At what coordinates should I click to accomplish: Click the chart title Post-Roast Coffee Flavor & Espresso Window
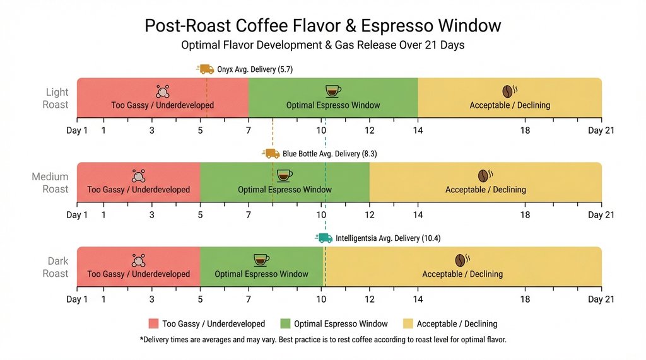click(322, 25)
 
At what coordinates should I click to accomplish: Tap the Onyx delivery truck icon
click(205, 69)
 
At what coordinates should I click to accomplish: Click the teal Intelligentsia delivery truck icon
click(324, 238)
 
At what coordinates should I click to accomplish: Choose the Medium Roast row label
click(50, 183)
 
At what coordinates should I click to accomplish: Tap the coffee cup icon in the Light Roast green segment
click(332, 91)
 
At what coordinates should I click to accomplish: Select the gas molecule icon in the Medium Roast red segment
click(138, 175)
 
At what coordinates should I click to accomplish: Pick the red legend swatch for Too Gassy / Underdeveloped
click(153, 323)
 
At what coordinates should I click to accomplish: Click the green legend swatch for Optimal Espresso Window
click(285, 323)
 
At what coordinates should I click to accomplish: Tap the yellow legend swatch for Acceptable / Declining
click(408, 323)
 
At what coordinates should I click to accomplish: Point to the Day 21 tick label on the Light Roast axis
click(601, 131)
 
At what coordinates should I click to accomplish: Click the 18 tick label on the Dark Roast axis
click(525, 299)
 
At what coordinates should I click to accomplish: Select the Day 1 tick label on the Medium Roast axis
click(77, 215)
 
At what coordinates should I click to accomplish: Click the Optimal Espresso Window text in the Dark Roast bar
click(261, 274)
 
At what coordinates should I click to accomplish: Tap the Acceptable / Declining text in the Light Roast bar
click(510, 105)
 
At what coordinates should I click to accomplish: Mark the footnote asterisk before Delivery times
click(141, 339)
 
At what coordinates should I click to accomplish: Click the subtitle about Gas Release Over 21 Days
click(322, 46)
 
